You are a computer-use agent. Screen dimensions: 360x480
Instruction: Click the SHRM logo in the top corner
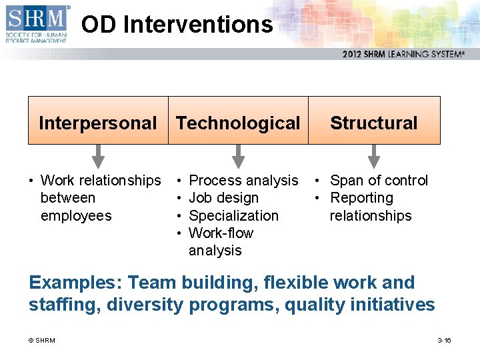click(37, 24)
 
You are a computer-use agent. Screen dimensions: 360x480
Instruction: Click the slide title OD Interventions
click(177, 25)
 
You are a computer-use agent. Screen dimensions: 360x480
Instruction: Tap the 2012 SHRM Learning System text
click(403, 54)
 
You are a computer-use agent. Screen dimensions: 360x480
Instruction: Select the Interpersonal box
click(98, 121)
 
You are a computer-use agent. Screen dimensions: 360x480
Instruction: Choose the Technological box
click(238, 121)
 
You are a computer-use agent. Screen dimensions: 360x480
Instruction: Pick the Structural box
click(374, 121)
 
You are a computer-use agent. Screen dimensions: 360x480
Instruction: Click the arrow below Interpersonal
click(98, 156)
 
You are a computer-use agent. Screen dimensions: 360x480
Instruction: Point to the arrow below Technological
click(238, 156)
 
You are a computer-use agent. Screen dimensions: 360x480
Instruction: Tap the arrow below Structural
click(374, 156)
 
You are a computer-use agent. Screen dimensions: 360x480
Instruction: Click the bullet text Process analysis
click(243, 181)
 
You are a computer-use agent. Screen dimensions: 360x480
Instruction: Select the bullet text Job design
click(223, 198)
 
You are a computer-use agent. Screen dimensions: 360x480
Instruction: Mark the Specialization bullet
click(233, 216)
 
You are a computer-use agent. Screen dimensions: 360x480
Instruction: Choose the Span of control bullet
click(379, 181)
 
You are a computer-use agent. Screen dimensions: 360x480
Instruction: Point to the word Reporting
click(361, 198)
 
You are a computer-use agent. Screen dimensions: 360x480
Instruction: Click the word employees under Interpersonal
click(76, 216)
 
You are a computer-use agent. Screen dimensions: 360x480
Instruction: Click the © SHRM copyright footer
click(41, 341)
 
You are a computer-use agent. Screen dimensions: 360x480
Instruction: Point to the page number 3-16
click(444, 341)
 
